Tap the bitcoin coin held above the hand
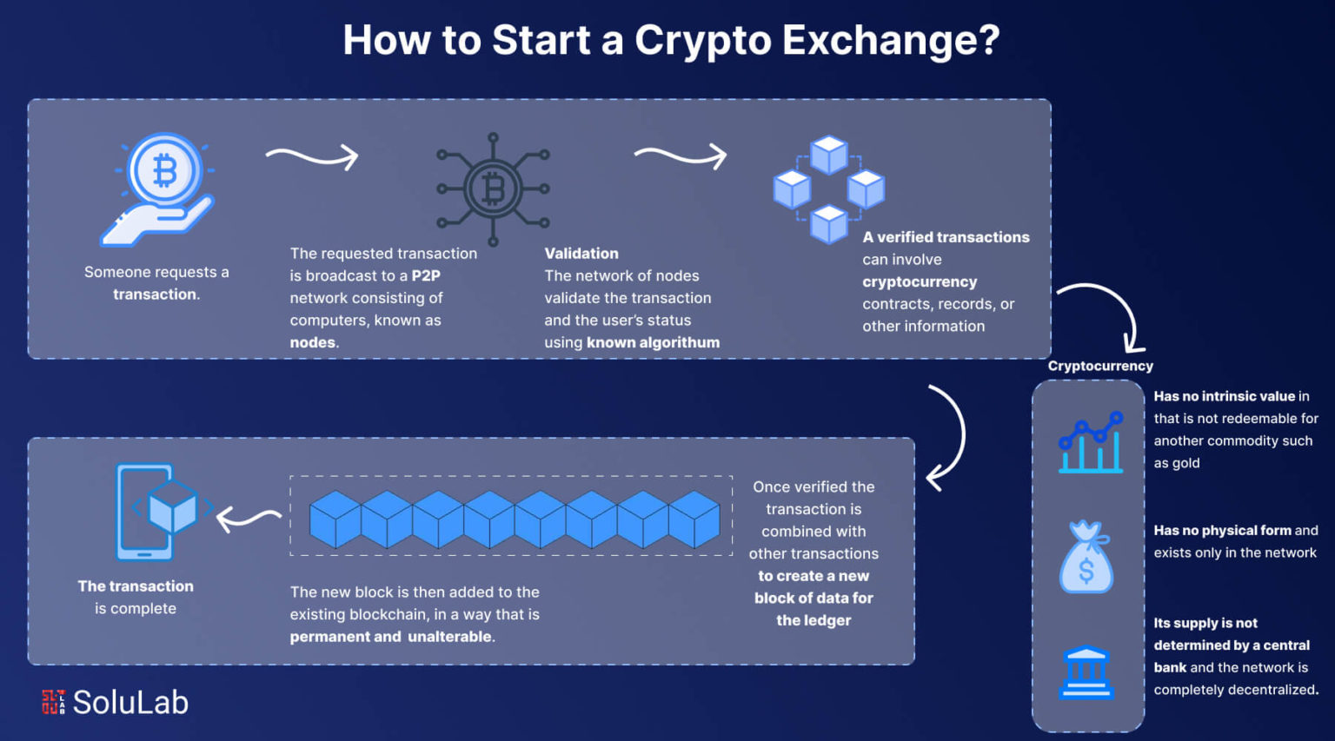point(164,169)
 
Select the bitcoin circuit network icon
point(493,189)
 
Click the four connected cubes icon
point(829,189)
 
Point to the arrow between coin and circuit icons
point(312,156)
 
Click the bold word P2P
point(426,275)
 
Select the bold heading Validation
point(581,253)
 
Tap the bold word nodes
point(313,342)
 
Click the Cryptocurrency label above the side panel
point(1100,366)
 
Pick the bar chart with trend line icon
point(1091,442)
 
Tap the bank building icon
point(1086,672)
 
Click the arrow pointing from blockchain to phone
point(248,519)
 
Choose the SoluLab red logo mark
point(53,702)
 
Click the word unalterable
point(450,637)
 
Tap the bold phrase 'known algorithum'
point(654,342)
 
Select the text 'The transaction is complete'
point(136,597)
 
